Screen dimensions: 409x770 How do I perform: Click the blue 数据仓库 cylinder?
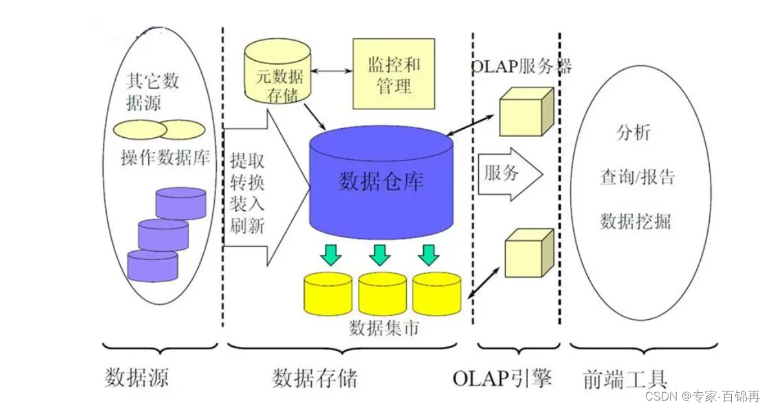pyautogui.click(x=380, y=183)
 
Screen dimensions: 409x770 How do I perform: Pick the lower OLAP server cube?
pyautogui.click(x=528, y=254)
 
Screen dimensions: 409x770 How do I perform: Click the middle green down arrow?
pyautogui.click(x=380, y=254)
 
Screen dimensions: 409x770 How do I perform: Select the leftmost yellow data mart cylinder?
pyautogui.click(x=328, y=294)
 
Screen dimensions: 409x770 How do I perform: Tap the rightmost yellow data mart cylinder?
pyautogui.click(x=437, y=294)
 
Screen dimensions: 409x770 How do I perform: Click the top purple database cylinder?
pyautogui.click(x=181, y=204)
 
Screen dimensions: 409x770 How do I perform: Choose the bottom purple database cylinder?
pyautogui.click(x=153, y=265)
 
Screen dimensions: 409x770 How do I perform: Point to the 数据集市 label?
pyautogui.click(x=384, y=327)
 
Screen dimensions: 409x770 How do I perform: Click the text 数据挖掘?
pyautogui.click(x=635, y=222)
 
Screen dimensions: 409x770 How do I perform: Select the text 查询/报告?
pyautogui.click(x=637, y=177)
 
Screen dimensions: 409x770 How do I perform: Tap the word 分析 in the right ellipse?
pyautogui.click(x=633, y=133)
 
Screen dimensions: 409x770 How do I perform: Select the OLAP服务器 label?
pyautogui.click(x=521, y=66)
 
